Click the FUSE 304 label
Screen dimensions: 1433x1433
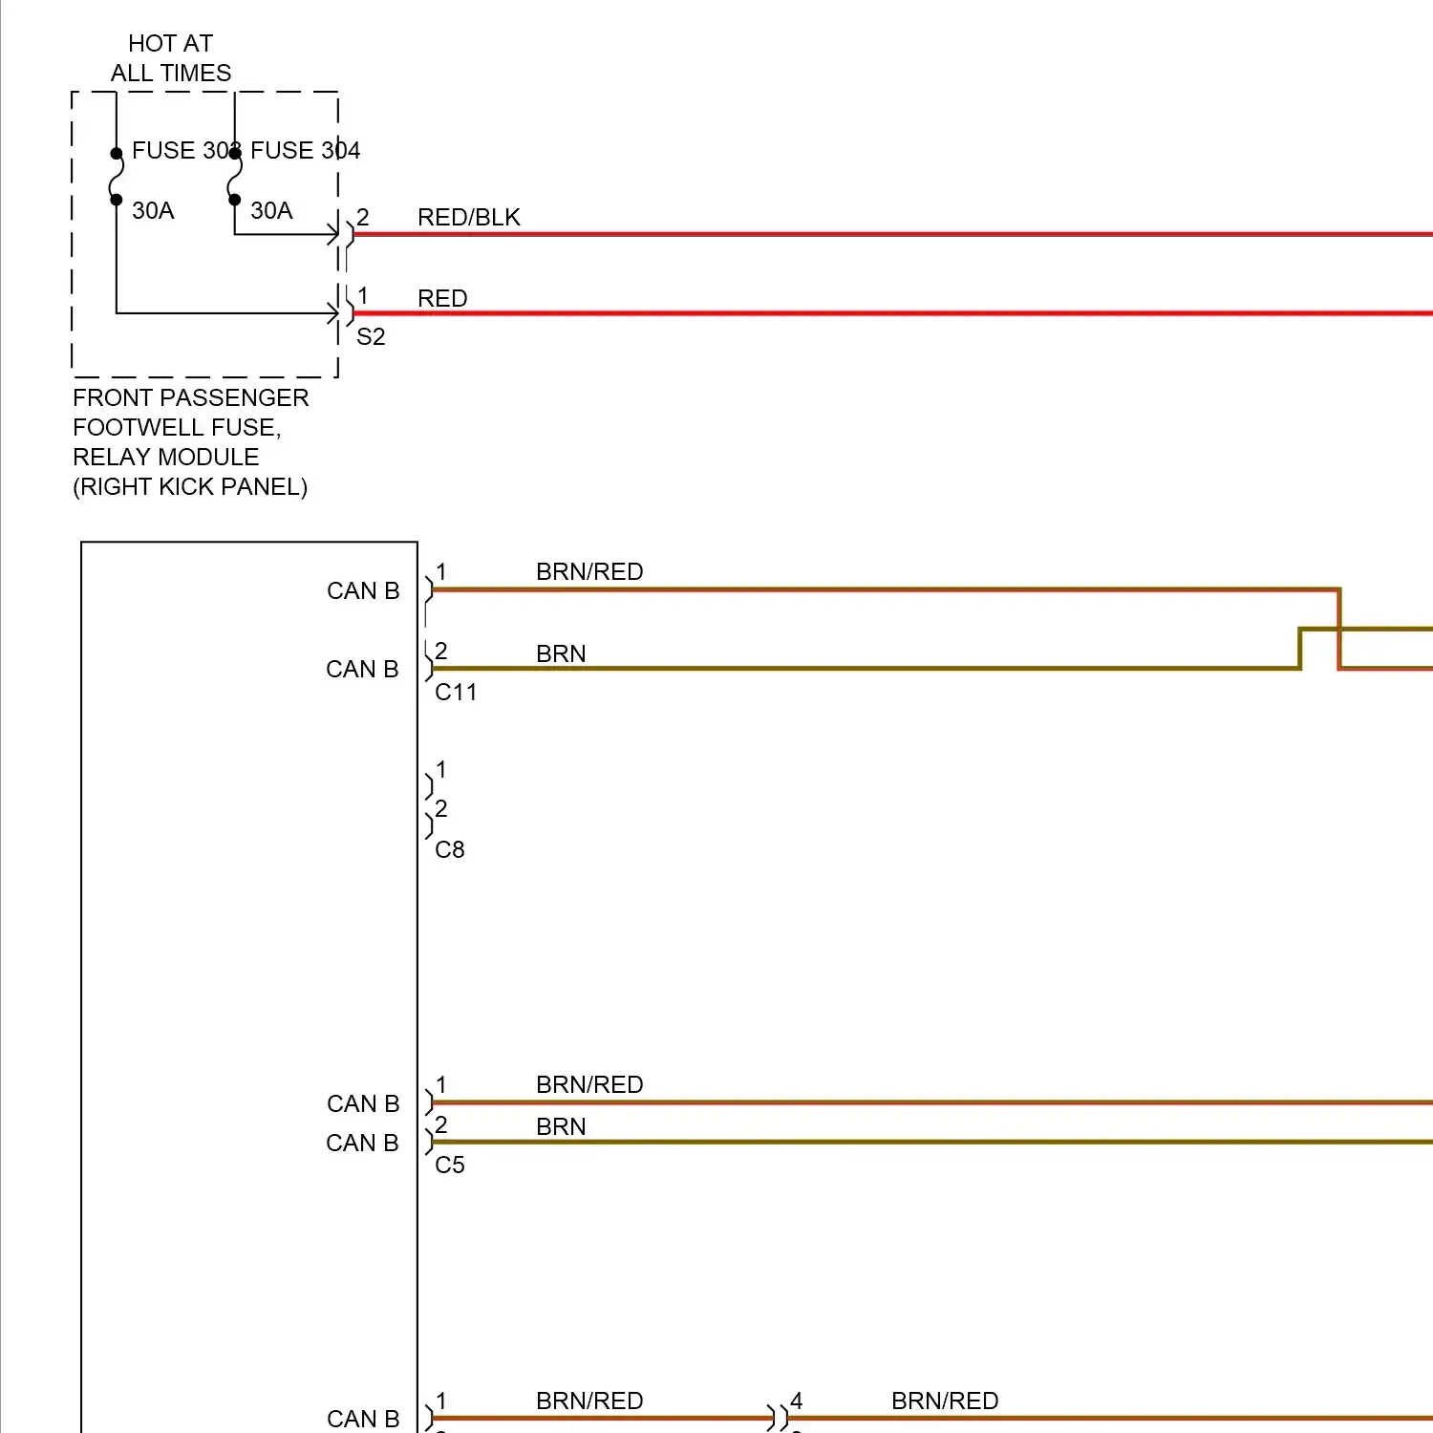coord(305,150)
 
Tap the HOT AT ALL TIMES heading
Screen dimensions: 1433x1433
coord(170,58)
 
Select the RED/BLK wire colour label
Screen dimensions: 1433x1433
coord(468,217)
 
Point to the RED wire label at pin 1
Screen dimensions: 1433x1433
coord(442,298)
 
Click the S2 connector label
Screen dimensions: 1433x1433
coord(371,336)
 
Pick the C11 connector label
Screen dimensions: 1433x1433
coord(456,692)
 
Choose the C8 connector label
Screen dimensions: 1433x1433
coord(450,849)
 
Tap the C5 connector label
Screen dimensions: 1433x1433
coord(450,1165)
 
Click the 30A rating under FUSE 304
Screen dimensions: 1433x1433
coord(271,210)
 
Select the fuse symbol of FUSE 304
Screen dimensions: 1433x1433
coord(234,177)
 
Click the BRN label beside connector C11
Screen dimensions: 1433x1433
coord(561,653)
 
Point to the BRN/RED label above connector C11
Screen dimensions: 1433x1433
coord(589,571)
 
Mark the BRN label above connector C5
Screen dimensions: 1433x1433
coord(561,1126)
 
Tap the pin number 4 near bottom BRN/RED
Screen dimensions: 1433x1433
coord(796,1401)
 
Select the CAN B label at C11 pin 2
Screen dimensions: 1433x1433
coord(362,669)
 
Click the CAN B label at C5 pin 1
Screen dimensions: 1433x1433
coord(363,1103)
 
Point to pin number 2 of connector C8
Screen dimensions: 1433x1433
coord(441,808)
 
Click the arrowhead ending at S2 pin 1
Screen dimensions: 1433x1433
coord(332,312)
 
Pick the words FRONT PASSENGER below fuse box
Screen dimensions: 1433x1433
coord(190,397)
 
